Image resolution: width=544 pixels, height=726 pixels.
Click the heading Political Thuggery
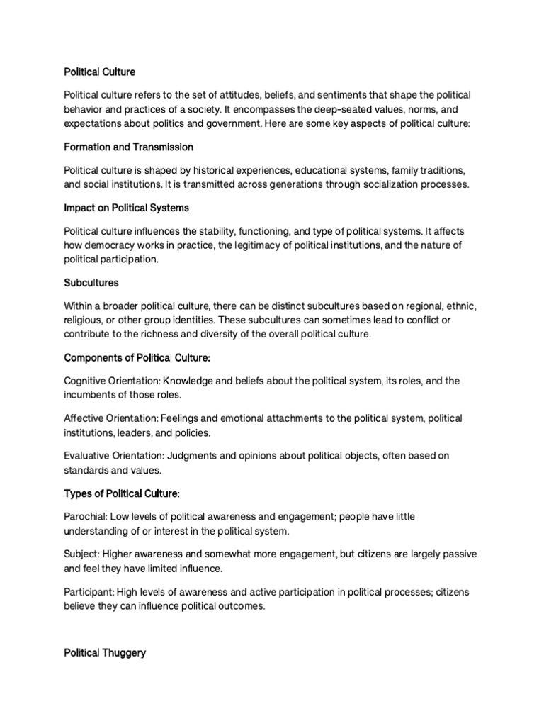tap(105, 653)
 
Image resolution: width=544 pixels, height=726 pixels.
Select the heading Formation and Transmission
tap(128, 147)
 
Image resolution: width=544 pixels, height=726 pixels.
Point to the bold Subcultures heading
tap(91, 282)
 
